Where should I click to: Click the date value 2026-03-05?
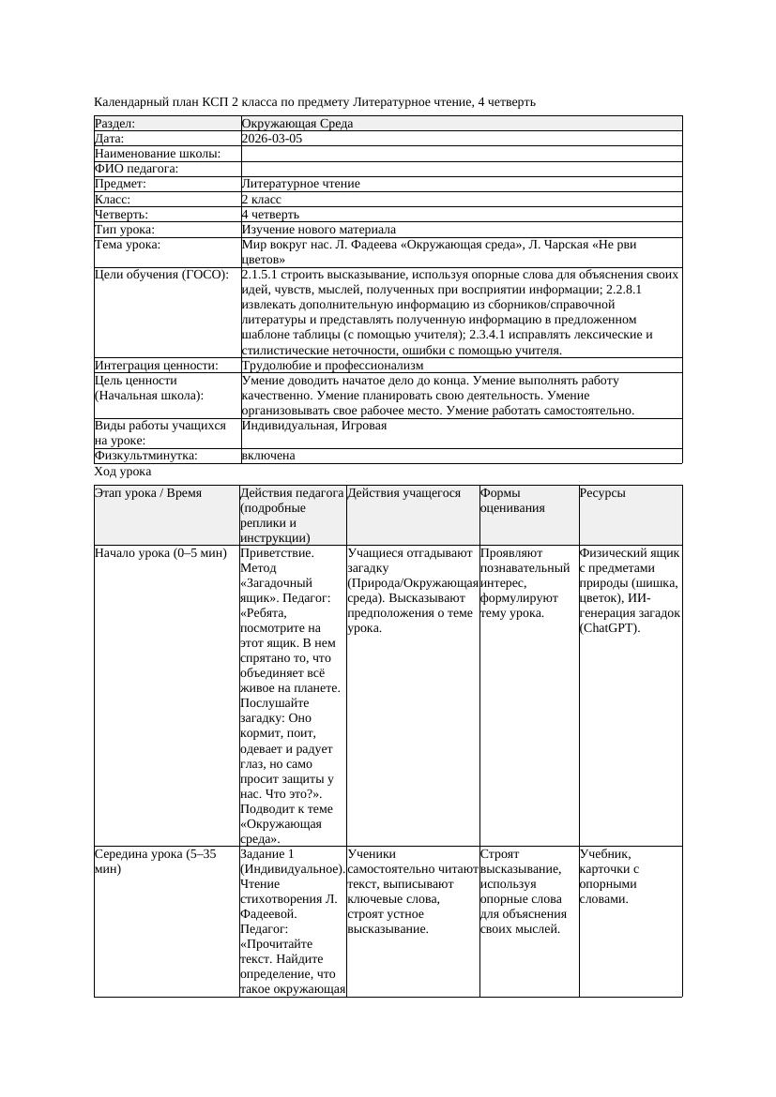point(272,139)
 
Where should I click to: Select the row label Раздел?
point(115,124)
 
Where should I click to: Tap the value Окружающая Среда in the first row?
point(297,124)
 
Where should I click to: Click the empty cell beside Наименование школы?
point(460,154)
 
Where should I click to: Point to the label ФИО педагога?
point(136,169)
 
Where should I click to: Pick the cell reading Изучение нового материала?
point(318,230)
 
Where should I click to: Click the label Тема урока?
point(128,245)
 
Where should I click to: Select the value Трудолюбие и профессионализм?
point(332,366)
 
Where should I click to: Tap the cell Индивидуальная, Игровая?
point(313,426)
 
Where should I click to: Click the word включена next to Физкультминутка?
point(268,456)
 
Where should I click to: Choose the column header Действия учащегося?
point(403,493)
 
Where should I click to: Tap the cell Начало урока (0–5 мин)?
point(160,553)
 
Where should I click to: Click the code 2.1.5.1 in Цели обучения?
point(264,275)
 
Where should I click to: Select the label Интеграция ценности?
point(156,366)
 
